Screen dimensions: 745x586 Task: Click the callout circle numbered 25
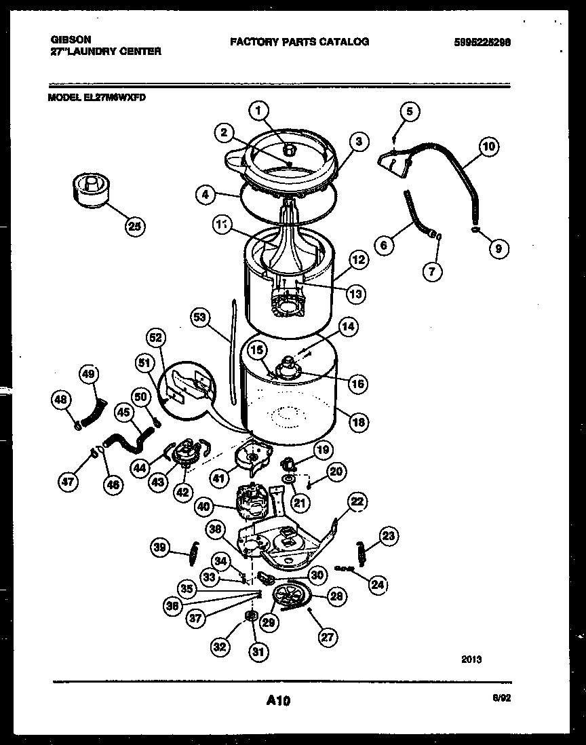[136, 227]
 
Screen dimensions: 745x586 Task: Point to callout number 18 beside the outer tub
[357, 421]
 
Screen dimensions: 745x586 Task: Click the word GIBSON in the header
[71, 40]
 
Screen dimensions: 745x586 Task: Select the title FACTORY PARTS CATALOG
[299, 41]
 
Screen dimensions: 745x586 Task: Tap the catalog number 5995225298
[482, 41]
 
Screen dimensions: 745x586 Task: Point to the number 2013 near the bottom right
[471, 659]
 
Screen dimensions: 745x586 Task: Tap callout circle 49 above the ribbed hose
[89, 374]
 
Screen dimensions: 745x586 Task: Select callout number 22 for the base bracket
[357, 501]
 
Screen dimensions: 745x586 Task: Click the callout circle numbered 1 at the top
[258, 110]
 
